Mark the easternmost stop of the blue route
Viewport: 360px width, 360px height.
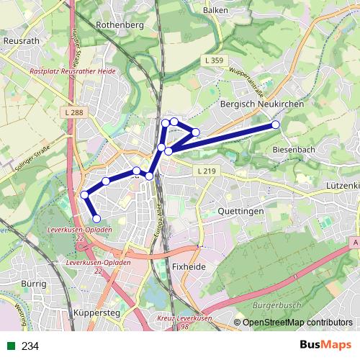[275, 125]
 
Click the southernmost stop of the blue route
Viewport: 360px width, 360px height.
[96, 218]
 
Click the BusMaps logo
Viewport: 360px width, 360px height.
[328, 346]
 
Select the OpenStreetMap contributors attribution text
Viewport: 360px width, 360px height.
[297, 323]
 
